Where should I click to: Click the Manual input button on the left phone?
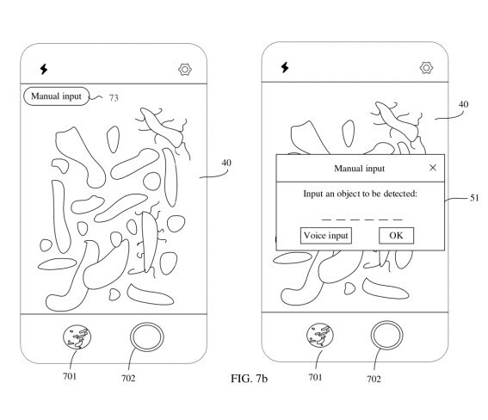tap(56, 96)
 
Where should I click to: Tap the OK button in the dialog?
tap(396, 236)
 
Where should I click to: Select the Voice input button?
tap(326, 236)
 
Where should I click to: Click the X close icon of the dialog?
tap(433, 168)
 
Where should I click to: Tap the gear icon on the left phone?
tap(185, 70)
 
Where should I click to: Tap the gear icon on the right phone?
tap(426, 68)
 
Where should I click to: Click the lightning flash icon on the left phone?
tap(44, 69)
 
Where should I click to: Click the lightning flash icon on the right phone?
tap(285, 67)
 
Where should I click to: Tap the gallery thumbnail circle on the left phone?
tap(77, 337)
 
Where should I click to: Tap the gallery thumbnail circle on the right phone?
tap(320, 336)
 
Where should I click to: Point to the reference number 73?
tap(114, 98)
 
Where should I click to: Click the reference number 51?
tap(474, 198)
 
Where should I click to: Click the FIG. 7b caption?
tap(249, 379)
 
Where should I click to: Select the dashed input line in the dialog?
tap(361, 219)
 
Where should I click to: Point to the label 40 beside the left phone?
tap(226, 163)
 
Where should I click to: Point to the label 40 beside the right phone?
tap(463, 104)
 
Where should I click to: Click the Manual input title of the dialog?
tap(360, 169)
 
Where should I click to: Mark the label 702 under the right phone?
tap(374, 379)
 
